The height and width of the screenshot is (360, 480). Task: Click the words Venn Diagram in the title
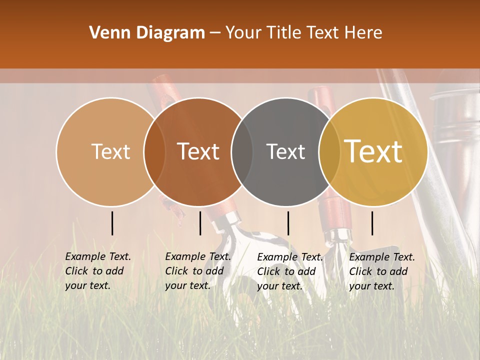tap(147, 33)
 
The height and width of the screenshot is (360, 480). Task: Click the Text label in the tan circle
tap(111, 151)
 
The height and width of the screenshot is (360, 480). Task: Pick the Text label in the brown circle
tap(198, 151)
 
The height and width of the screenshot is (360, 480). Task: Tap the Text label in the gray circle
tap(286, 151)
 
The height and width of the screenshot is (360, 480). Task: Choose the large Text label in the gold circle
tap(373, 151)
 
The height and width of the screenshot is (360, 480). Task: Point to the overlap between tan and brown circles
tap(154, 151)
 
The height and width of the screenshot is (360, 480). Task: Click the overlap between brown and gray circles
tap(242, 151)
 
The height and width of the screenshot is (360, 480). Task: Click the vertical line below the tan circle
tap(112, 223)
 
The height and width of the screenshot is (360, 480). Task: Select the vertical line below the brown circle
tap(200, 223)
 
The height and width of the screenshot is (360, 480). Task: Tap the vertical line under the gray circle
tap(288, 223)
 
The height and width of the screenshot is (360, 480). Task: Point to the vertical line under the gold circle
tap(372, 223)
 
